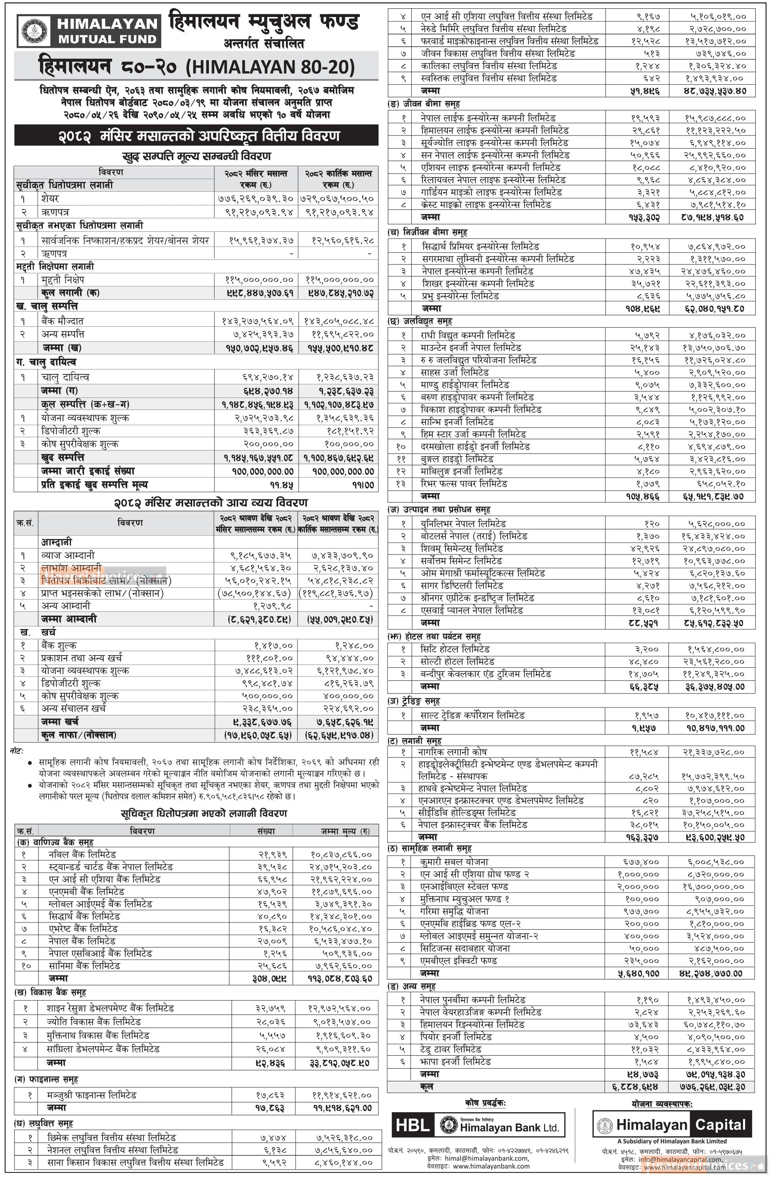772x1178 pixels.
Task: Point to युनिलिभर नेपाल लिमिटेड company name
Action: point(463,524)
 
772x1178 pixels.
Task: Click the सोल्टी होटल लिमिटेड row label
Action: point(457,661)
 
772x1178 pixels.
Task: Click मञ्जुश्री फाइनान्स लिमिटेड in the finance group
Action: point(92,1095)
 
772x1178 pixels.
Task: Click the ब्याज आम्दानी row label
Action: point(68,555)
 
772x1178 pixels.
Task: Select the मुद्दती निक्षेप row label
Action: point(63,280)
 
